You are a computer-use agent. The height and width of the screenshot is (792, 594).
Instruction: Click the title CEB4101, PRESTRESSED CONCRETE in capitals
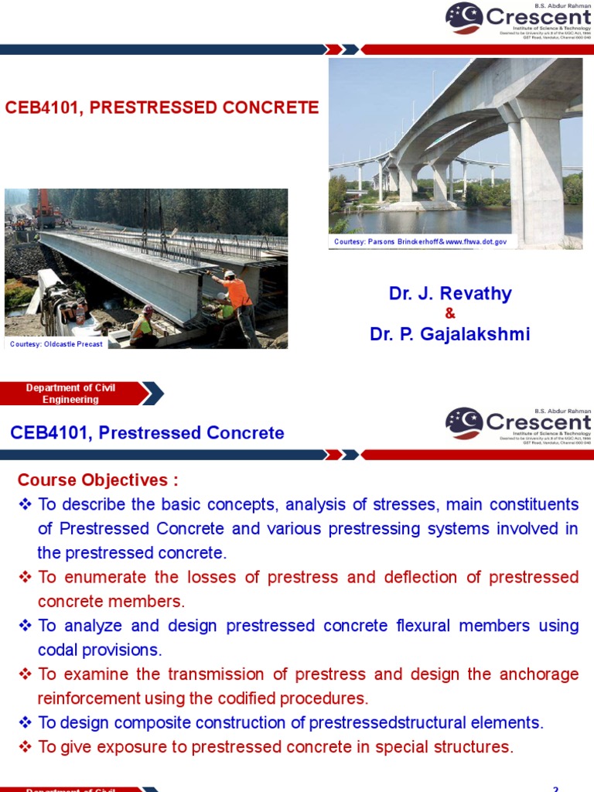click(x=162, y=108)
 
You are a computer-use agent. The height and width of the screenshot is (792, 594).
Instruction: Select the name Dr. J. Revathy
click(x=449, y=294)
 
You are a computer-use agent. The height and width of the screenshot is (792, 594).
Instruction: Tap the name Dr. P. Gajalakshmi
click(x=449, y=333)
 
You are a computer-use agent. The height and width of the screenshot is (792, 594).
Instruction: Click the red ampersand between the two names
click(x=450, y=313)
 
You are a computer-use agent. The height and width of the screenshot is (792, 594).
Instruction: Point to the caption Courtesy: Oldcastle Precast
click(x=56, y=344)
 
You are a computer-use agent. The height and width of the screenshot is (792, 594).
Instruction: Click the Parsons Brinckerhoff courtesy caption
click(x=420, y=242)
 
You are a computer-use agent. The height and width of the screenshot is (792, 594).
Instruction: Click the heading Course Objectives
click(x=97, y=480)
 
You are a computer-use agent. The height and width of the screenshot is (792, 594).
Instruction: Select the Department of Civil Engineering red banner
click(x=71, y=394)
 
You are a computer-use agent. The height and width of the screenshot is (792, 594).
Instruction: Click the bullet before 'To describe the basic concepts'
click(x=24, y=505)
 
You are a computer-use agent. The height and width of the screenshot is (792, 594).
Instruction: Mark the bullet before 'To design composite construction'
click(x=24, y=723)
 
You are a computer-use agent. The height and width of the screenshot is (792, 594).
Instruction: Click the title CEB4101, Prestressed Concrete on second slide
click(x=147, y=433)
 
